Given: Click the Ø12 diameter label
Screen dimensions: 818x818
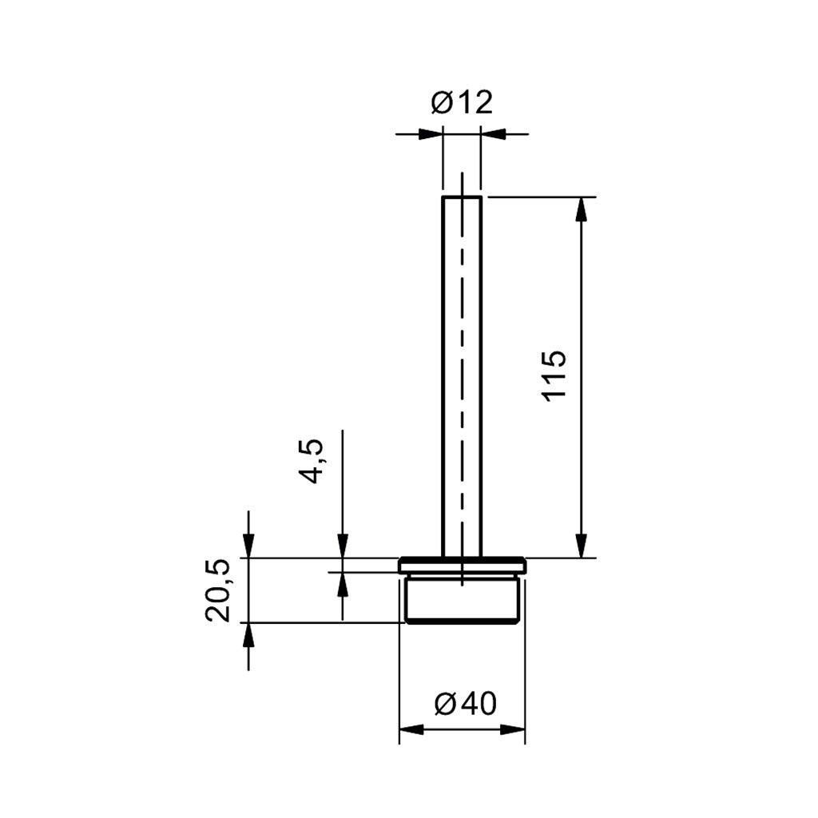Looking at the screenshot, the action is click(462, 103).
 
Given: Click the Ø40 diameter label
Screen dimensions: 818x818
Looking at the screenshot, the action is click(466, 704).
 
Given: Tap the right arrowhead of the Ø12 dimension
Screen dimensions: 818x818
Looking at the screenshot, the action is click(493, 134).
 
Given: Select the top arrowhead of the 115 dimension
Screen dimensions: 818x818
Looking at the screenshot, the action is click(582, 209).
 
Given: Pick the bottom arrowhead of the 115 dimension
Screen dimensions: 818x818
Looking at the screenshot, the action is click(582, 546).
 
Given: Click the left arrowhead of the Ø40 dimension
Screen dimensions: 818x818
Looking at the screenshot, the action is click(411, 729).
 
